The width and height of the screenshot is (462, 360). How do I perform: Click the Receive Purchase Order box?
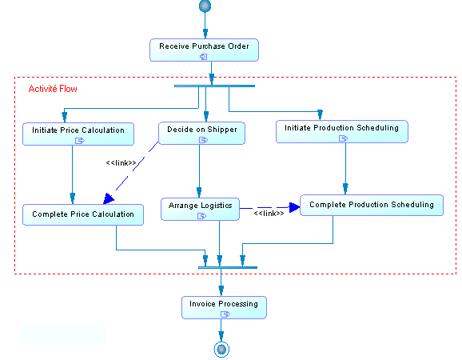pyautogui.click(x=204, y=50)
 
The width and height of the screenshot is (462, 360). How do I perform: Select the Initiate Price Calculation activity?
pyautogui.click(x=78, y=134)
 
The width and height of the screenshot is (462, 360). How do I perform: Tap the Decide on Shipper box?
pyautogui.click(x=202, y=134)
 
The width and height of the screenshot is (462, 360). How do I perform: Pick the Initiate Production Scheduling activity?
pyautogui.click(x=342, y=131)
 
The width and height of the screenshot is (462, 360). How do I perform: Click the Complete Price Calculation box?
pyautogui.click(x=83, y=214)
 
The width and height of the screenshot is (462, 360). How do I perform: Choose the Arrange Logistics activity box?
pyautogui.click(x=200, y=209)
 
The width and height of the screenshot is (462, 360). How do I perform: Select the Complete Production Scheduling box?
pyautogui.click(x=372, y=206)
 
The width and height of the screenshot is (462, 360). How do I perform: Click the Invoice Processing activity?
pyautogui.click(x=225, y=307)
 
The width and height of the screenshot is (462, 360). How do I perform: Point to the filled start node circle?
pyautogui.click(x=205, y=6)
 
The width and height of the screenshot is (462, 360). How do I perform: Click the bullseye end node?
pyautogui.click(x=221, y=350)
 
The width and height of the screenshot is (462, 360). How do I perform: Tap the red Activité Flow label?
pyautogui.click(x=53, y=89)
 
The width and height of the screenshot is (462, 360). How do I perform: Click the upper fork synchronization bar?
pyautogui.click(x=214, y=86)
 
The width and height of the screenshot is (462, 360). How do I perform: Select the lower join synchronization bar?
pyautogui.click(x=228, y=267)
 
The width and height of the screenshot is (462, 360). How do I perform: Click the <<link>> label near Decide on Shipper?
pyautogui.click(x=121, y=162)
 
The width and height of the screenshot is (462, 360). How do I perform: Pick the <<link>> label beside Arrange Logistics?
pyautogui.click(x=269, y=213)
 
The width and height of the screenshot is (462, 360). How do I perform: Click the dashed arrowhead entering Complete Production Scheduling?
pyautogui.click(x=294, y=207)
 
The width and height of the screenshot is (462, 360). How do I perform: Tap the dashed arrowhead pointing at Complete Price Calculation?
pyautogui.click(x=109, y=198)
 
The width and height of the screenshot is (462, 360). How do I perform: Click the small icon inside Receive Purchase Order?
pyautogui.click(x=204, y=57)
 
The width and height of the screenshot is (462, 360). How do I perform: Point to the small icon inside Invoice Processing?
pyautogui.click(x=225, y=314)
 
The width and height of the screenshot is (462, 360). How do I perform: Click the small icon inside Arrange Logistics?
pyautogui.click(x=202, y=216)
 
